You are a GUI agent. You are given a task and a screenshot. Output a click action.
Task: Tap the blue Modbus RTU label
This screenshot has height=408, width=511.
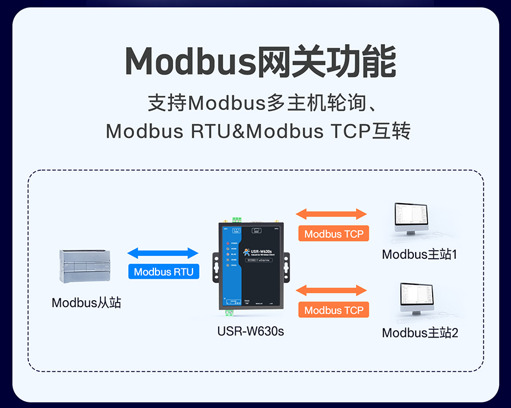pyautogui.click(x=164, y=272)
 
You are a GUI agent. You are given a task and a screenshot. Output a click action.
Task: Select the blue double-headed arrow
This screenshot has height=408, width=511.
pyautogui.click(x=163, y=253)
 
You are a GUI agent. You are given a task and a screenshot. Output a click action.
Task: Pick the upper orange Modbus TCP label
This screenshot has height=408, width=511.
pyautogui.click(x=333, y=234)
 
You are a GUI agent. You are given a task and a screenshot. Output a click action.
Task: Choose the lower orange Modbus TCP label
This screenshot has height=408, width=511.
pyautogui.click(x=333, y=310)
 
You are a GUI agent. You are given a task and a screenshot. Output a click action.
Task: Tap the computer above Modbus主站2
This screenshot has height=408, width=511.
pyautogui.click(x=418, y=298)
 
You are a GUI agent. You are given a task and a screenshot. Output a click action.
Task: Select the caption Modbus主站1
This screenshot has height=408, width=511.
pyautogui.click(x=420, y=254)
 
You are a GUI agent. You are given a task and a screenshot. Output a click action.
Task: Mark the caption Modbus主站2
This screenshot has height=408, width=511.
pyautogui.click(x=420, y=333)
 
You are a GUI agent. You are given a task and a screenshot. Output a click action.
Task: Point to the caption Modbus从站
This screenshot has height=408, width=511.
pyautogui.click(x=86, y=302)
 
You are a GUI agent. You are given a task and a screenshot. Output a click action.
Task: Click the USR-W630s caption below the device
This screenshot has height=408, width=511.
pyautogui.click(x=250, y=331)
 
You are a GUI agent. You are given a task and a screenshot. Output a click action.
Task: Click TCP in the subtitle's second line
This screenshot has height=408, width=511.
pyautogui.click(x=346, y=132)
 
